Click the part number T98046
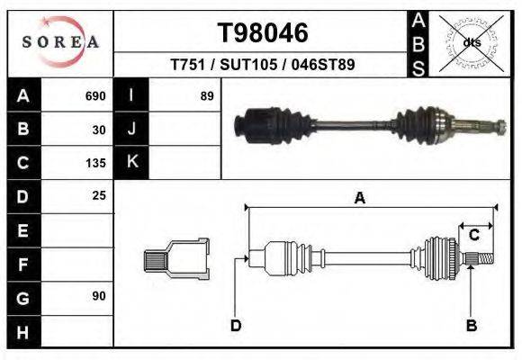tap(264, 33)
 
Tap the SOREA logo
tap(60, 42)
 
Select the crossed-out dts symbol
tap(472, 41)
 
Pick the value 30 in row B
tap(99, 130)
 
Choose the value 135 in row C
tap(95, 163)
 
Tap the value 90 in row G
tap(99, 296)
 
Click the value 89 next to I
tap(207, 96)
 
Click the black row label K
tap(131, 163)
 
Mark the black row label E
tap(23, 230)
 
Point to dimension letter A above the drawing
tap(360, 199)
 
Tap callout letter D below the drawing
tap(236, 325)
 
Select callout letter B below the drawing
tap(471, 325)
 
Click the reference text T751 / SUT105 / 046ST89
tap(263, 66)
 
